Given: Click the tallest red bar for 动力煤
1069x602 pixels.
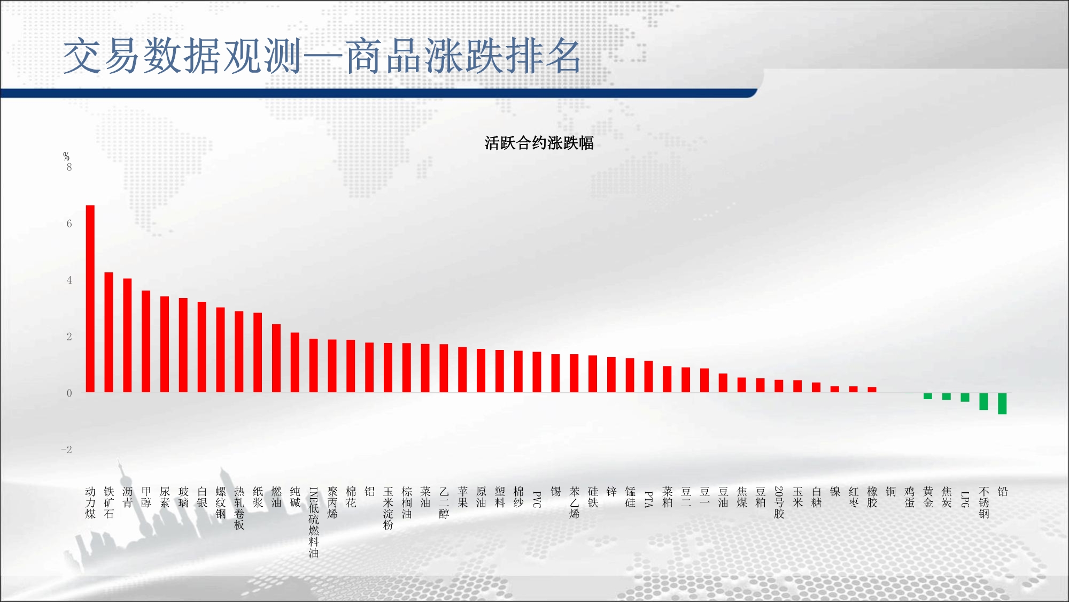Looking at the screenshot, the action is tap(90, 299).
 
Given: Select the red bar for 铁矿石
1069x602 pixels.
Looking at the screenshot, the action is tap(109, 332).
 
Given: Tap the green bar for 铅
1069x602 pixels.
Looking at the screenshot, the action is tap(1002, 403).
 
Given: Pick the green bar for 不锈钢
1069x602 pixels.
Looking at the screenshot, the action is tap(983, 401).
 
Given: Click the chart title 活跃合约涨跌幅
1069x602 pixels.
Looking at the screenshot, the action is tap(539, 143).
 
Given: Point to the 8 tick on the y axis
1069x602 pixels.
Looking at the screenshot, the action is tap(69, 167).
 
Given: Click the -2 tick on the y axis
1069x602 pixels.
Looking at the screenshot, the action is tap(67, 449).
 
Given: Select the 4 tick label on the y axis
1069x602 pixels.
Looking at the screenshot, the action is tap(69, 280).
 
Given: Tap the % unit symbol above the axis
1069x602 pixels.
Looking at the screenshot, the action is tap(66, 156).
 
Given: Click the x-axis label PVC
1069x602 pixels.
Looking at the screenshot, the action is tap(537, 499).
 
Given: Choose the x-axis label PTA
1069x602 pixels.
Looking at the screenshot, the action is tap(649, 499).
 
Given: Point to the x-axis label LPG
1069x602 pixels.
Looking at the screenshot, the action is tap(965, 499).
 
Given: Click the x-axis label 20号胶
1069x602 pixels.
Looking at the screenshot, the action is tap(779, 502).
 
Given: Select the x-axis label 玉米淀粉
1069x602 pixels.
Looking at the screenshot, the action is tap(388, 508).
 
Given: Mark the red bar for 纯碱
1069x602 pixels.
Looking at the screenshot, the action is tap(295, 363).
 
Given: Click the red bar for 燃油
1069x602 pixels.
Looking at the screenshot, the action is tap(276, 359).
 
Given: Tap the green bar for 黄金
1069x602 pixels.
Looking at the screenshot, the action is tap(928, 396).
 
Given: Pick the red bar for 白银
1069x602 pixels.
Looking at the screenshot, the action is tap(202, 347).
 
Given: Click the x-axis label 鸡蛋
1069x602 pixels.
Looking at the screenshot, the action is tap(910, 497).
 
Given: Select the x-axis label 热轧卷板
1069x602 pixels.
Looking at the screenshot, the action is tap(239, 508).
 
